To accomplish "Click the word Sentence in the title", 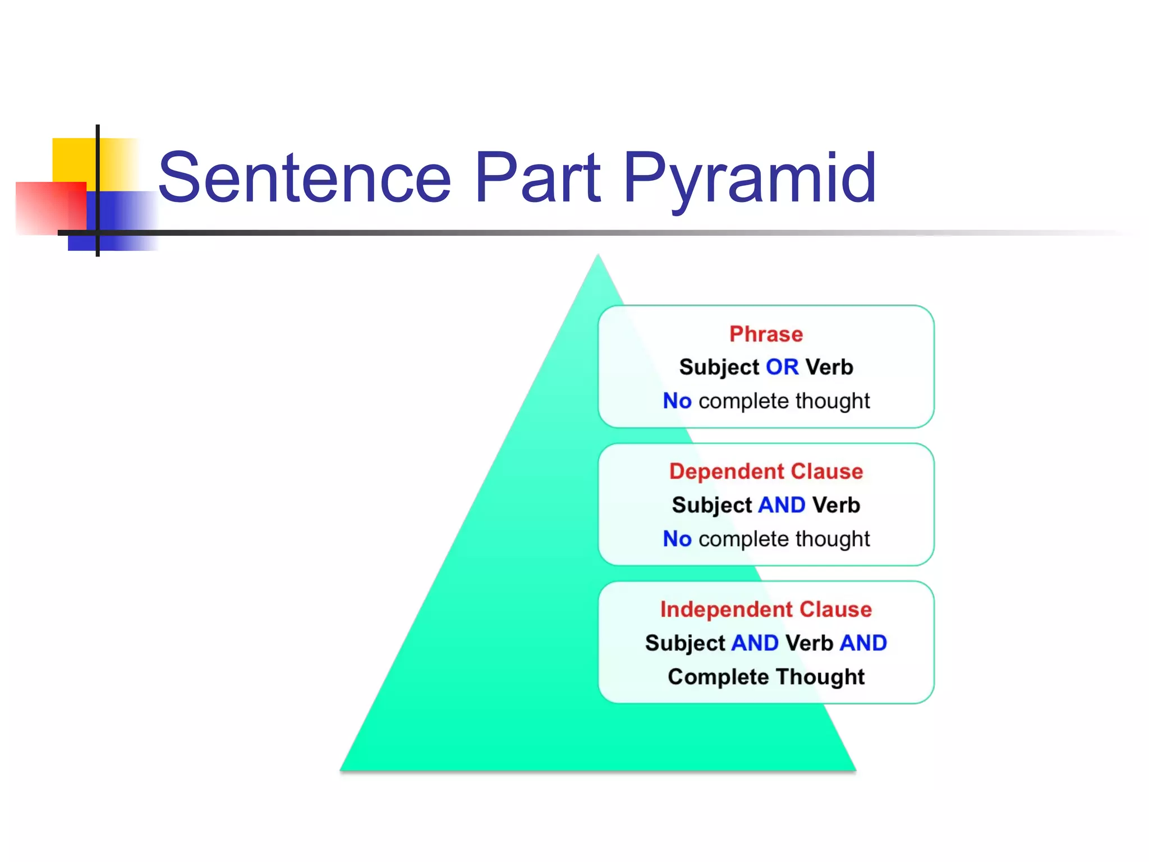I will click(305, 178).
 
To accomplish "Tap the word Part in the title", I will click(537, 178).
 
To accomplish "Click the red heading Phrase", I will click(766, 334).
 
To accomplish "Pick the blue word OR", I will click(782, 367).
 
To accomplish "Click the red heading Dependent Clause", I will click(766, 471).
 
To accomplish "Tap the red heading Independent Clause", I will click(766, 609).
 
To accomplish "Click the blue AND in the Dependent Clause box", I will click(782, 505).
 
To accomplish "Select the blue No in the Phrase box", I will click(677, 401).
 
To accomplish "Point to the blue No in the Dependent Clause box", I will click(677, 539).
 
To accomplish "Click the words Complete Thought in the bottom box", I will click(766, 677).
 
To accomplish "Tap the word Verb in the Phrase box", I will click(829, 367).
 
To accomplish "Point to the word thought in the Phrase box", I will click(833, 401).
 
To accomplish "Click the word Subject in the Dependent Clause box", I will click(711, 505).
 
